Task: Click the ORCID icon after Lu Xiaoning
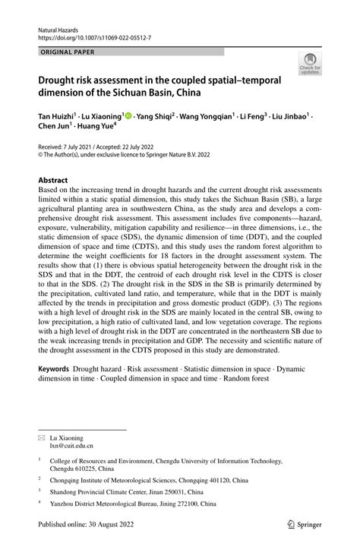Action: click(129, 116)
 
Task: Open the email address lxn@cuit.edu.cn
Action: click(73, 447)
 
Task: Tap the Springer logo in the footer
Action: click(302, 523)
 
